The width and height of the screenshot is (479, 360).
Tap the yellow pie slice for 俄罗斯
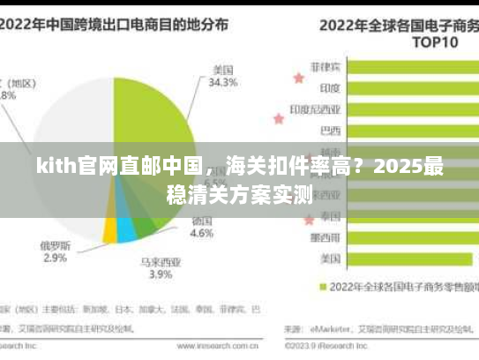(x=109, y=230)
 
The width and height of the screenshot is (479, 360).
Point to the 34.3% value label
(x=222, y=83)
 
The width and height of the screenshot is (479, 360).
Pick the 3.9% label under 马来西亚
(x=160, y=274)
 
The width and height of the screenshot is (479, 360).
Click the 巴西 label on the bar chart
(x=330, y=131)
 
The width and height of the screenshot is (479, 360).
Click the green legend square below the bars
(x=324, y=287)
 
